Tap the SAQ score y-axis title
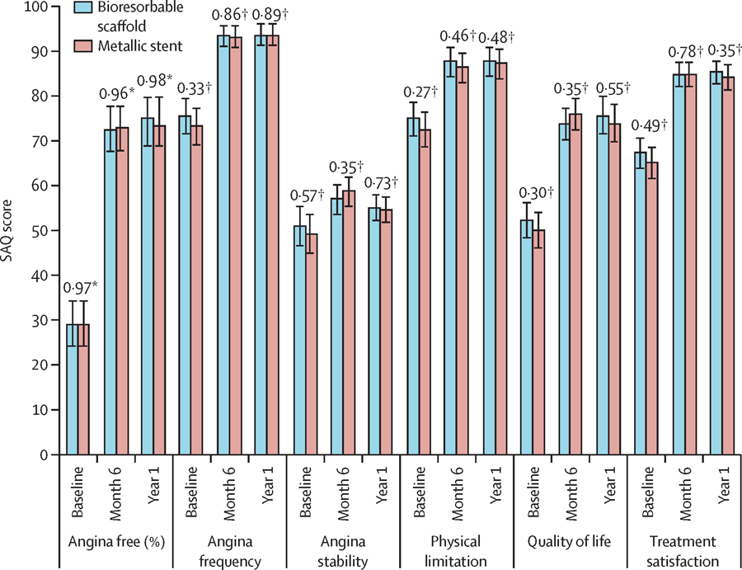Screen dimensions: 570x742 pyautogui.click(x=11, y=230)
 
